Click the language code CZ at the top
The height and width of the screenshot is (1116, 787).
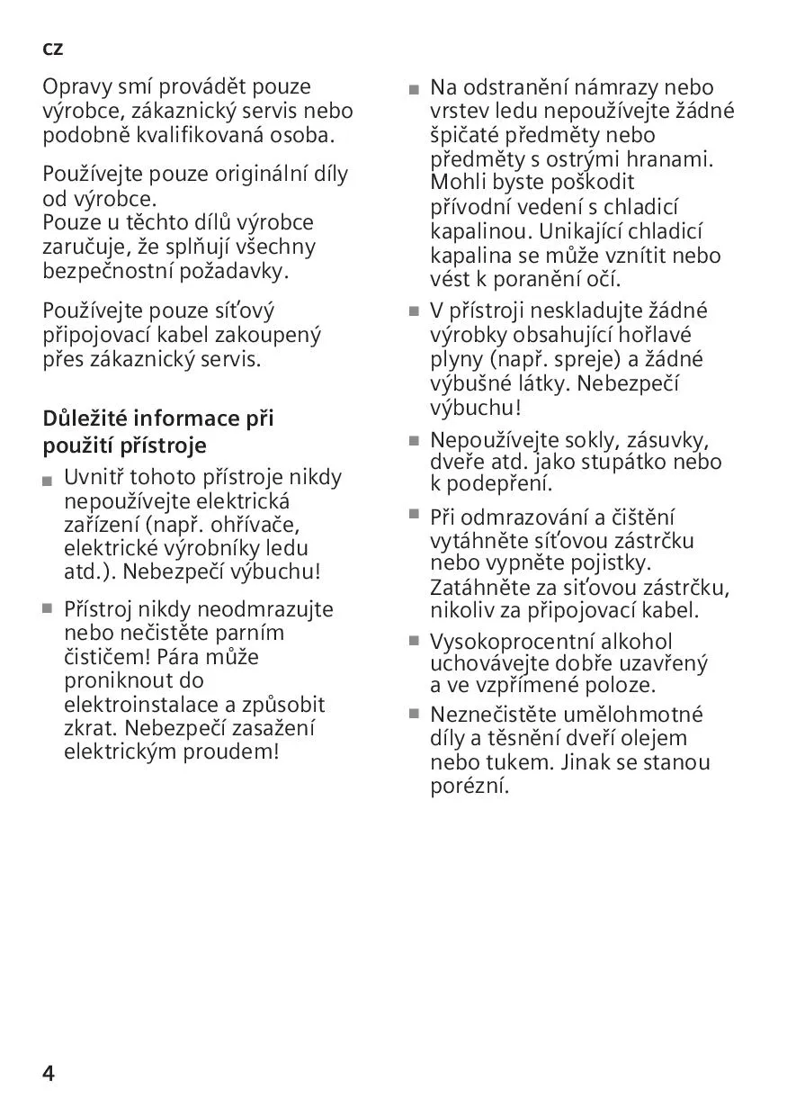click(53, 49)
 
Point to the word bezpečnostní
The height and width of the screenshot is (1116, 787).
click(107, 270)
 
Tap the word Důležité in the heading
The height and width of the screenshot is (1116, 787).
click(85, 418)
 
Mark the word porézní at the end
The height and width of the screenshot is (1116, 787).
click(470, 785)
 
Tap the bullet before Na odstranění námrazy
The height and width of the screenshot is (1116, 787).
click(414, 90)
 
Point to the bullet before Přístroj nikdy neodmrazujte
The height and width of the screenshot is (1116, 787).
click(47, 608)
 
